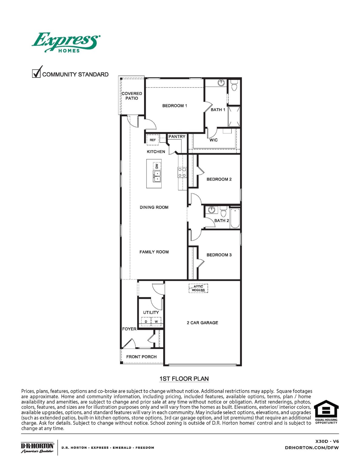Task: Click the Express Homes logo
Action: (x=66, y=42)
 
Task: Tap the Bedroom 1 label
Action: (x=174, y=106)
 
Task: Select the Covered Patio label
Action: (x=132, y=96)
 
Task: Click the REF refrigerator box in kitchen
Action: (x=153, y=140)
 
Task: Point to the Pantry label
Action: (x=177, y=137)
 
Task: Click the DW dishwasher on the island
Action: (x=157, y=166)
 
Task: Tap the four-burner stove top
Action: (x=182, y=172)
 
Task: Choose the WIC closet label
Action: (x=214, y=140)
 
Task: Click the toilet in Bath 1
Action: (x=234, y=86)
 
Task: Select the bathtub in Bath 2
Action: (x=235, y=218)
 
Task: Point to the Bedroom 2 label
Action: (x=219, y=179)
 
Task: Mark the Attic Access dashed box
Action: (x=198, y=288)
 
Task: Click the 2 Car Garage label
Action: (x=202, y=323)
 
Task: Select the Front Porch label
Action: (x=141, y=357)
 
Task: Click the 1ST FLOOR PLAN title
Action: (x=184, y=379)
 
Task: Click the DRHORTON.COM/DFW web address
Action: (x=312, y=447)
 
